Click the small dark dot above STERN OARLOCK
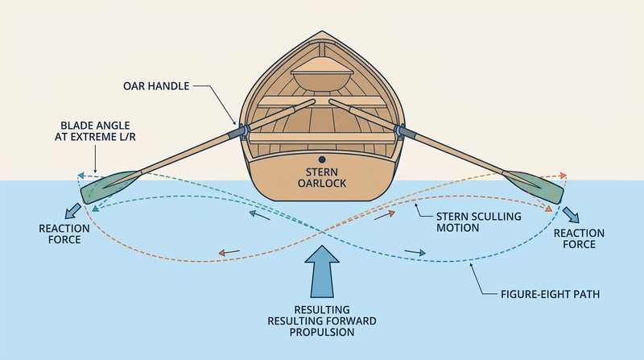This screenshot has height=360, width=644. click(x=322, y=159)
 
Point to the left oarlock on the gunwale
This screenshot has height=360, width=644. click(x=239, y=130)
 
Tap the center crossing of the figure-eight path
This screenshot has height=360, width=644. click(x=322, y=234)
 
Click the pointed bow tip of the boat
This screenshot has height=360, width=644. click(x=321, y=34)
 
